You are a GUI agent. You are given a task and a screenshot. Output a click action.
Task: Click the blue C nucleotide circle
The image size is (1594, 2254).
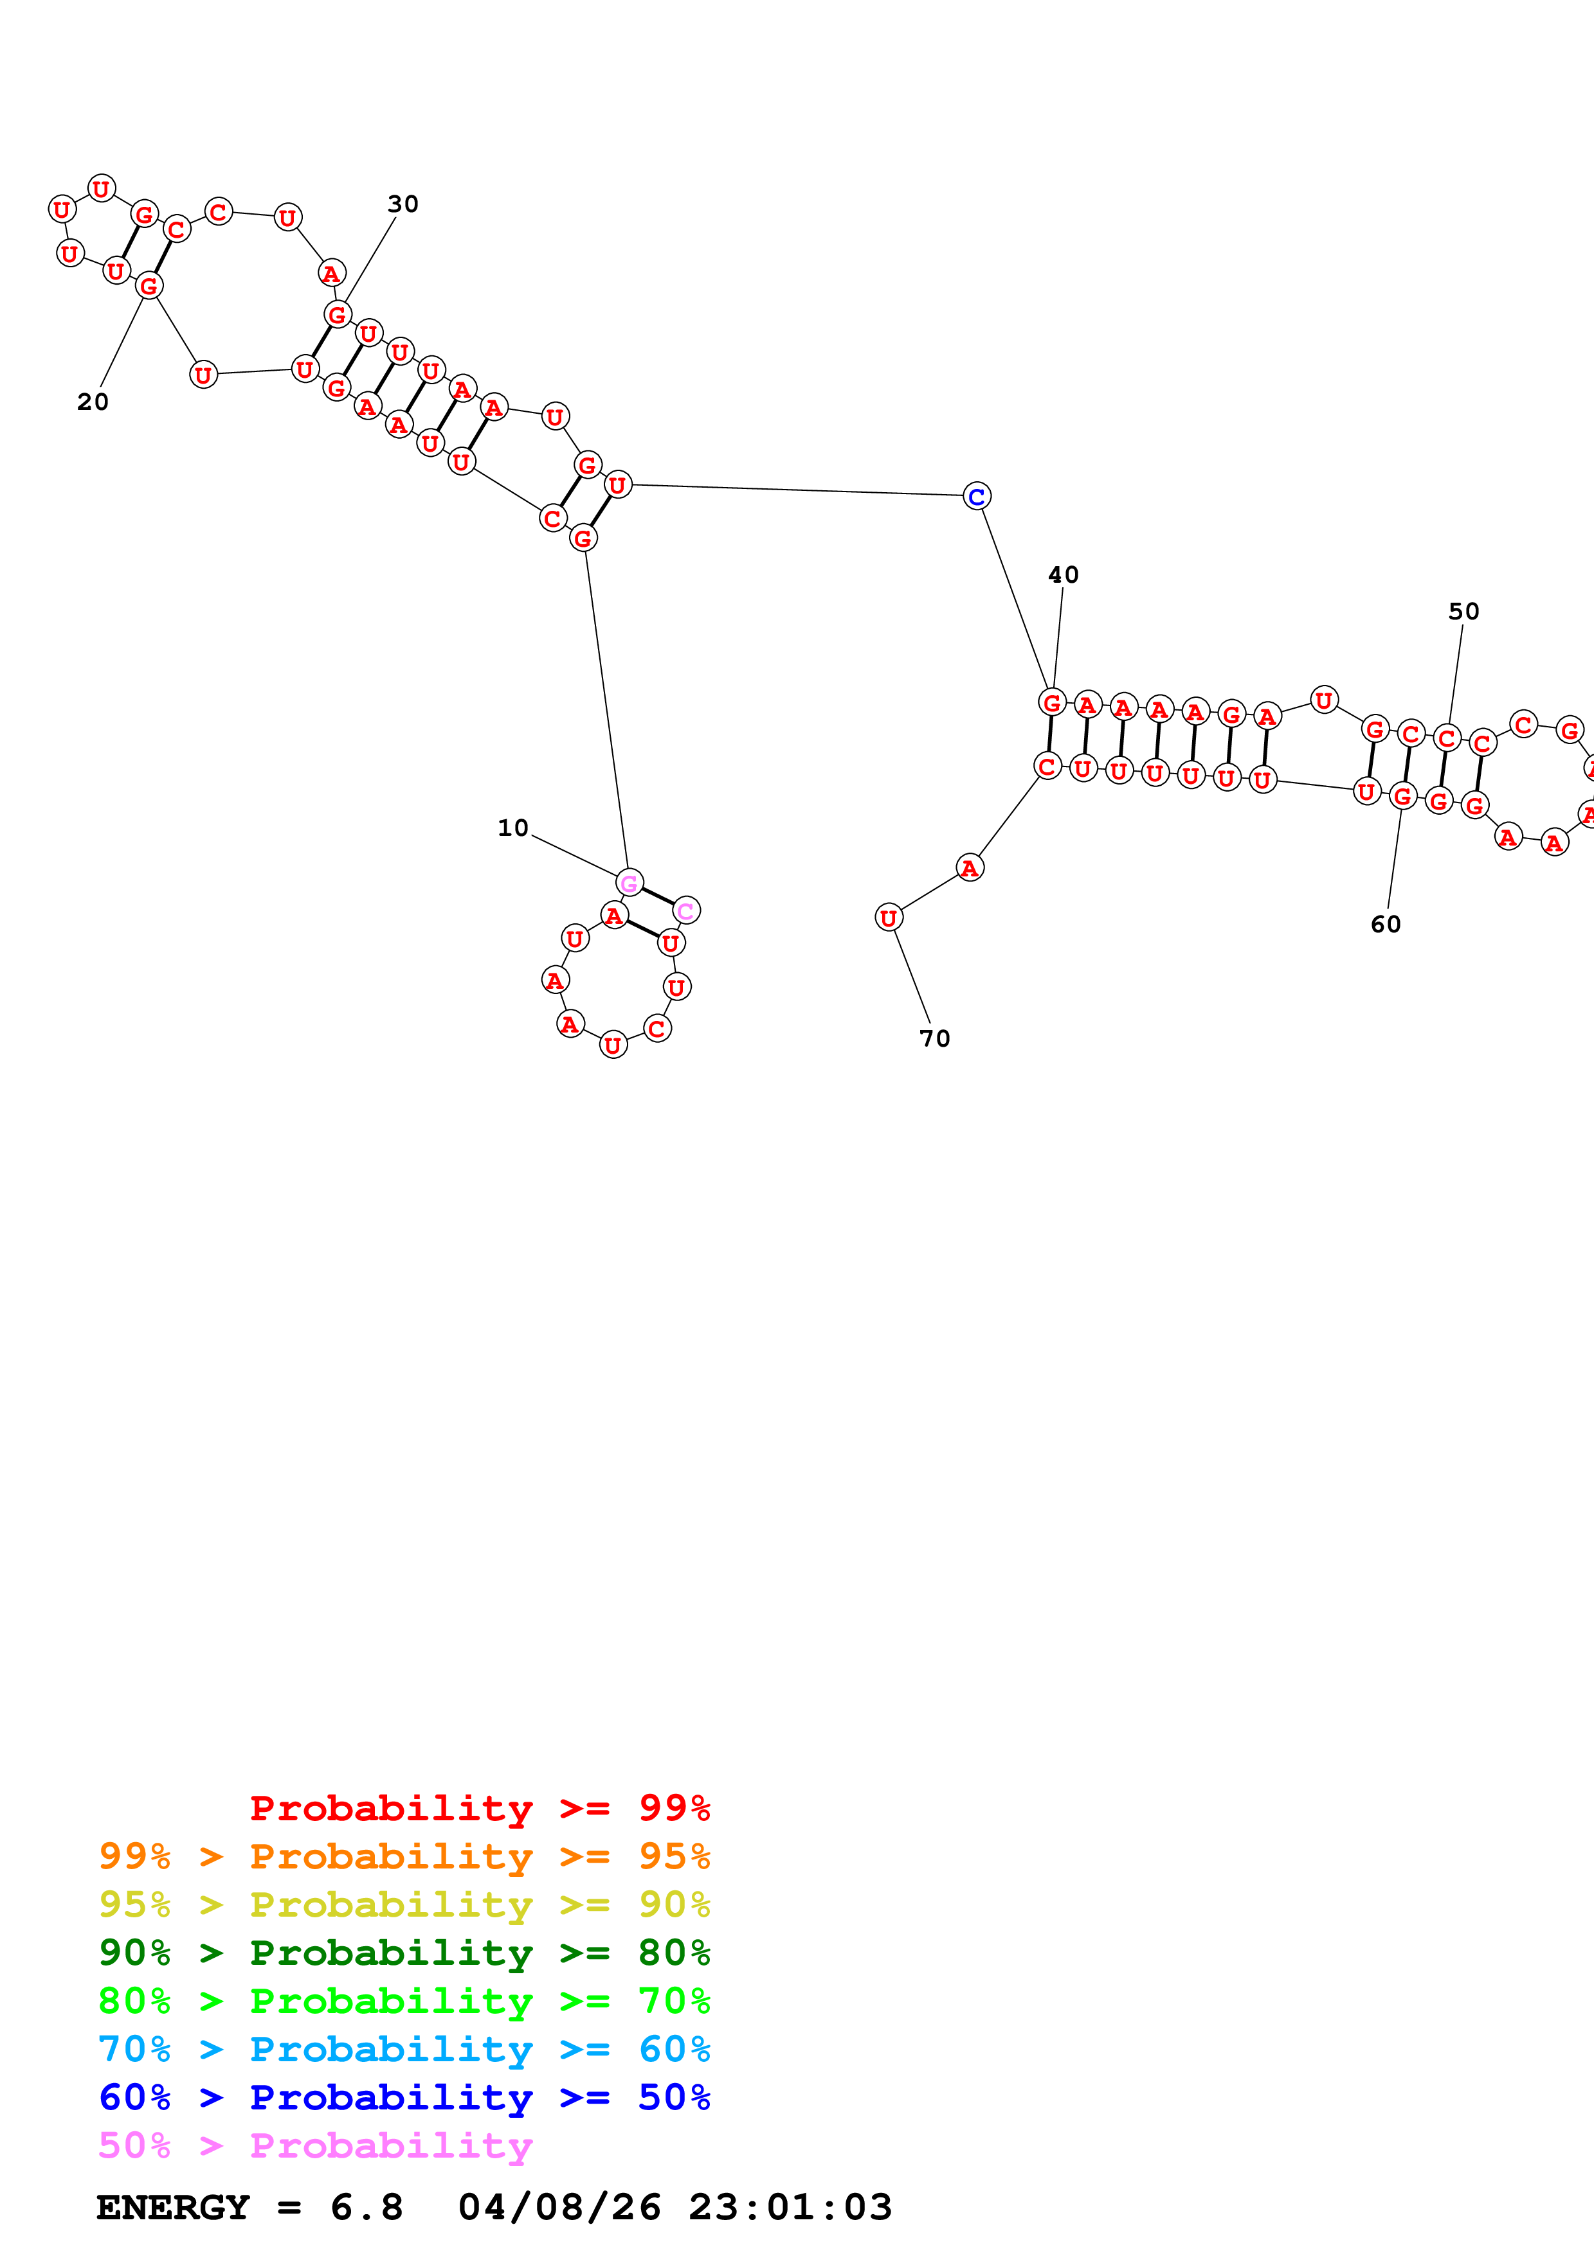pyautogui.click(x=976, y=497)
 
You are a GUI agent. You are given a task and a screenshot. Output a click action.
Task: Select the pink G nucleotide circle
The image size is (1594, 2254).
pyautogui.click(x=629, y=883)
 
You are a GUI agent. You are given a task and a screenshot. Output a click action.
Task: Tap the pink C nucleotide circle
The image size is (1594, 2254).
pyautogui.click(x=687, y=911)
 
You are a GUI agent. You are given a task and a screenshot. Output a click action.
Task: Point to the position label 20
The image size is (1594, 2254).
pyautogui.click(x=93, y=402)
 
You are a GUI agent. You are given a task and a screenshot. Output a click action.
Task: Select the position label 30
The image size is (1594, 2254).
pyautogui.click(x=403, y=204)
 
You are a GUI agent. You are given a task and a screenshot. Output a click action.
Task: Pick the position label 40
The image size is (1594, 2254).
pyautogui.click(x=1064, y=575)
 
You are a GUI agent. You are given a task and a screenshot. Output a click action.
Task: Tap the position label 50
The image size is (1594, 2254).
pyautogui.click(x=1463, y=612)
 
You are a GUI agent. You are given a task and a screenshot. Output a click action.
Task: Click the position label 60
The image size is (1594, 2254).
pyautogui.click(x=1386, y=925)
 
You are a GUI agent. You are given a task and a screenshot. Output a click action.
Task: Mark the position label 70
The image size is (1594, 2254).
pyautogui.click(x=935, y=1038)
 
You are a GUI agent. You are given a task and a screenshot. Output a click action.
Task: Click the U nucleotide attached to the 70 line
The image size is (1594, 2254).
pyautogui.click(x=889, y=918)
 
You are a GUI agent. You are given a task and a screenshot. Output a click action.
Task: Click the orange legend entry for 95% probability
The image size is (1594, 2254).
pyautogui.click(x=404, y=1856)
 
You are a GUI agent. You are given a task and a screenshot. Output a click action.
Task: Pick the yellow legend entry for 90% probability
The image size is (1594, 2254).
pyautogui.click(x=404, y=1904)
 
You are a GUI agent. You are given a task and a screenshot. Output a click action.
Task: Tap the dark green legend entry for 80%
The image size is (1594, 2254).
pyautogui.click(x=404, y=1953)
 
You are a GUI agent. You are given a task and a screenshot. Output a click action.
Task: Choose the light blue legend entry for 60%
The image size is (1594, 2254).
pyautogui.click(x=404, y=2049)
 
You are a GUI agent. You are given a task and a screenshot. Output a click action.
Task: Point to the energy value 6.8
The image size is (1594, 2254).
pyautogui.click(x=367, y=2207)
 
